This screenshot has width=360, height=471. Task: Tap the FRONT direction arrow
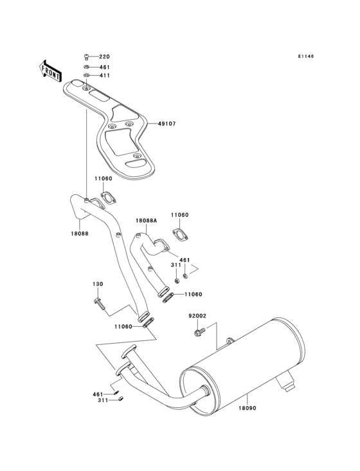pos(51,71)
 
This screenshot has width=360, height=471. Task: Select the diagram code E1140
pos(305,56)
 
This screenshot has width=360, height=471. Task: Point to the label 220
pos(104,57)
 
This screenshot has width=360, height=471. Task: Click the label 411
pos(104,76)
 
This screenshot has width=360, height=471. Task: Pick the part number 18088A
pos(146,220)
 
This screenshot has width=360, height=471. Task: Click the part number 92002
pos(197,316)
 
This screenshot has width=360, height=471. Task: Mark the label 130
pos(97,284)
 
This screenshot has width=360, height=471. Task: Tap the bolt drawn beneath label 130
pos(98,302)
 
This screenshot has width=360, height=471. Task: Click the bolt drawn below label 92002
pos(198,333)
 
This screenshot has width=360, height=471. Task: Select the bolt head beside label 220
pos(87,57)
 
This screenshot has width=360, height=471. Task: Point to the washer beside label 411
pos(87,76)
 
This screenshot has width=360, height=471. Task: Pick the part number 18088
pos(80,234)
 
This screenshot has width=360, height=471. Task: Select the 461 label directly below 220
pos(104,67)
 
